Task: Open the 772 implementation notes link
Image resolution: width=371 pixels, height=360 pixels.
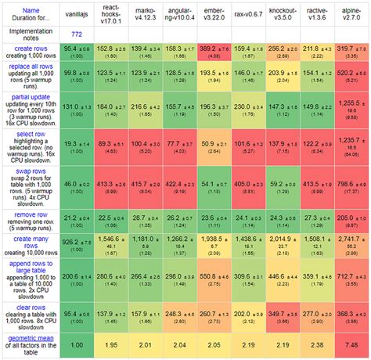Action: pyautogui.click(x=77, y=34)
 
